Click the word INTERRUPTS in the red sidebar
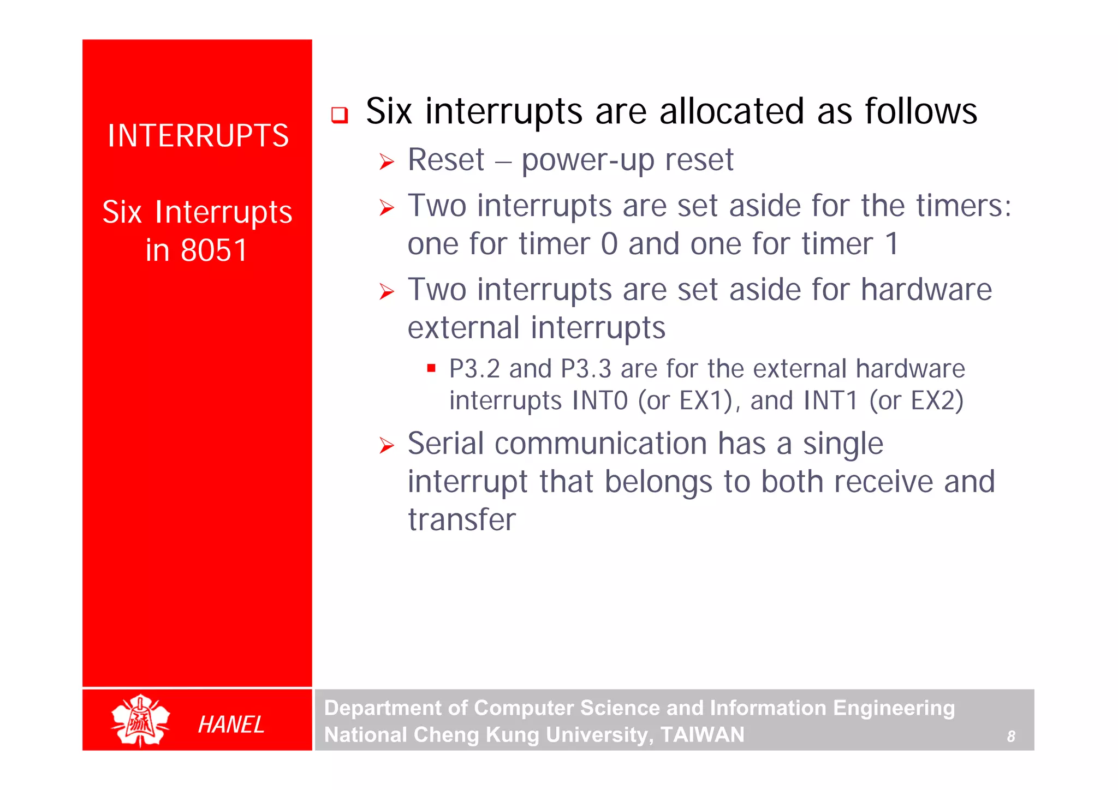(198, 136)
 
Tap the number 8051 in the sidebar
(214, 250)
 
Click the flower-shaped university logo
(140, 721)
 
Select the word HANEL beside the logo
(231, 725)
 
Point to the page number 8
(1010, 737)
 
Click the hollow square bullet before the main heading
(340, 115)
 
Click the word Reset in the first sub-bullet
(445, 160)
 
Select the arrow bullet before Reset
(386, 162)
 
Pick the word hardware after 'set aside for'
(926, 289)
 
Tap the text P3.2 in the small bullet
(474, 369)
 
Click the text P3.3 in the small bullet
(586, 369)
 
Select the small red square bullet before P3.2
(431, 368)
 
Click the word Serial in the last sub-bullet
(445, 443)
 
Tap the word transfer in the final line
(462, 519)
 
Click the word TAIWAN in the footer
(702, 735)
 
